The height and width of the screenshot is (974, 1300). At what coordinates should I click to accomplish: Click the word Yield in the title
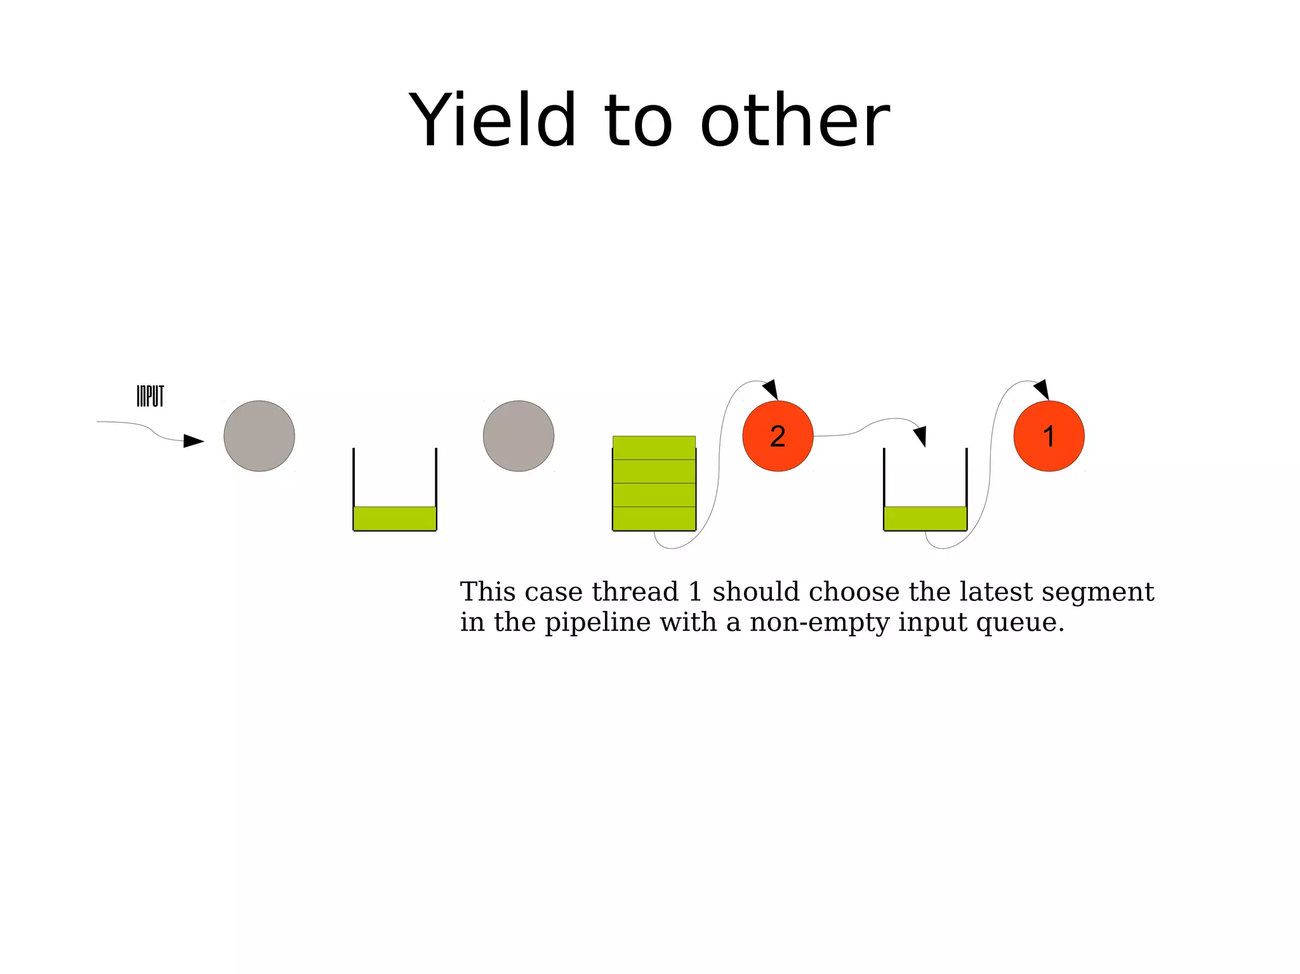pos(493,120)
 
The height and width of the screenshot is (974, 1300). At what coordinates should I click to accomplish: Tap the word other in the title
pos(795,120)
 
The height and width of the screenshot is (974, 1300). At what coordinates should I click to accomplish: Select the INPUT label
pos(150,397)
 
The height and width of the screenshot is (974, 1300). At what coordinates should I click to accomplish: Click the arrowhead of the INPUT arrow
pos(193,440)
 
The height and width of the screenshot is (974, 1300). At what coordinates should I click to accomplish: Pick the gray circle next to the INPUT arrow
pos(259,436)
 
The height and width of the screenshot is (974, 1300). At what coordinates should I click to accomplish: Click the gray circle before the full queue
pos(519,436)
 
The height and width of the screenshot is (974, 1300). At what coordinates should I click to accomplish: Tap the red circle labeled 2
pos(778,436)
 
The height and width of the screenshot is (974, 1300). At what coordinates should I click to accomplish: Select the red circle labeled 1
pos(1049,436)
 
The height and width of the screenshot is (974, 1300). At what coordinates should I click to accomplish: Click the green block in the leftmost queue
pos(395,518)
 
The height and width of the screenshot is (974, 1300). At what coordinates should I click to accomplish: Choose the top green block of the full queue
pos(654,447)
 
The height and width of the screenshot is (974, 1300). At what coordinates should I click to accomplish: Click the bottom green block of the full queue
pos(654,518)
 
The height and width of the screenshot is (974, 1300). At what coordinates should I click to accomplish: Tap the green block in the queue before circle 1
pos(925,518)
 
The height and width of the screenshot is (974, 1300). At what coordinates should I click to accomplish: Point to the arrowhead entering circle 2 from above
pos(771,389)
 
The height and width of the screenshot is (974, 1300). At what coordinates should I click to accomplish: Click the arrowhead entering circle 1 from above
pos(1042,389)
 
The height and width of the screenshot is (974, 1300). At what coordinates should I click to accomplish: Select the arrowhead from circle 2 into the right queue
pos(920,436)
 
